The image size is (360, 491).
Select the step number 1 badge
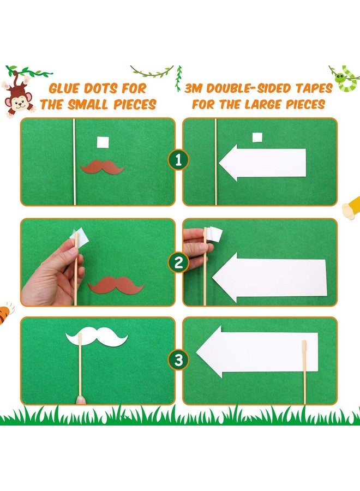178,160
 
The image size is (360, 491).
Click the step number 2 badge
178,262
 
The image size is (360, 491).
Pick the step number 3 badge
178,360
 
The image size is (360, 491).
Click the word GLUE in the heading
64,88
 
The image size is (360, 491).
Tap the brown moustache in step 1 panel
102,167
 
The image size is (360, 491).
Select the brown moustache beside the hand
116,285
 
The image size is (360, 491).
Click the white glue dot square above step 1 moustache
103,142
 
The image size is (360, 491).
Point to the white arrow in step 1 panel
262,163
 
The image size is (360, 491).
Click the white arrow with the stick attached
257,352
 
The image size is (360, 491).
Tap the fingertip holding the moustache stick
80,400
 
